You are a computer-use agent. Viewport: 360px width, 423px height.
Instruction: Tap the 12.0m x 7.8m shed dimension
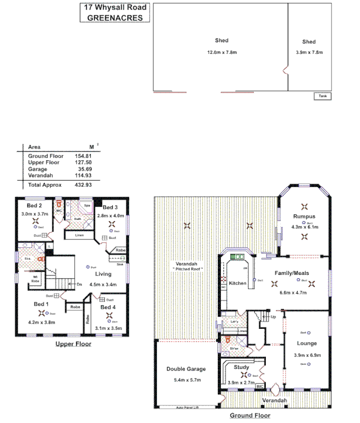(221, 52)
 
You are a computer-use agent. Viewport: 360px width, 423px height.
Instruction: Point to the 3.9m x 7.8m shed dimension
(309, 52)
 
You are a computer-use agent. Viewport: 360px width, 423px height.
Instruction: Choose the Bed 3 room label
(110, 207)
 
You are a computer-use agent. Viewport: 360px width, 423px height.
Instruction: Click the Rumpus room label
(304, 216)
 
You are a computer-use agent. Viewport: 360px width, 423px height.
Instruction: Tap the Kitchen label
(238, 284)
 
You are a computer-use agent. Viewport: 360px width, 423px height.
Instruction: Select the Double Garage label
(186, 369)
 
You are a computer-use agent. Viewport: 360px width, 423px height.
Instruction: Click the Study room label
(241, 367)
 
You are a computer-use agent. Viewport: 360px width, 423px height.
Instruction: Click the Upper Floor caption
(73, 344)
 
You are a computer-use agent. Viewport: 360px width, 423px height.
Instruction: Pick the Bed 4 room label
(108, 307)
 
